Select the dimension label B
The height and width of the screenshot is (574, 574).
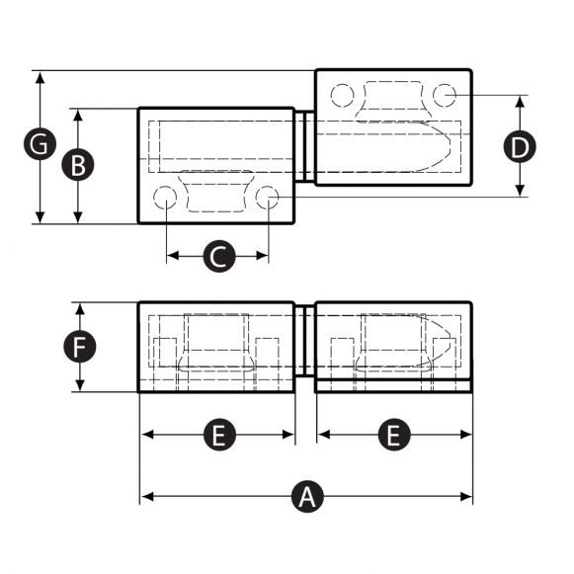click(x=78, y=165)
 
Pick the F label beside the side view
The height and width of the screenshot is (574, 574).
click(x=78, y=347)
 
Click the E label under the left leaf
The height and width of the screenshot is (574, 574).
click(x=218, y=435)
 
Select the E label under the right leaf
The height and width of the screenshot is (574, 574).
click(x=393, y=435)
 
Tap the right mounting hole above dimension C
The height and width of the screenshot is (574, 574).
click(x=268, y=199)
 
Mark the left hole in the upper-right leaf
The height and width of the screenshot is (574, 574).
click(x=343, y=95)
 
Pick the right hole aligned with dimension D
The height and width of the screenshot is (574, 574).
click(x=444, y=95)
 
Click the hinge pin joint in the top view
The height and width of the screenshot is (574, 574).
click(x=305, y=147)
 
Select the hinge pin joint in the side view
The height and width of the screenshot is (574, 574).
click(x=305, y=346)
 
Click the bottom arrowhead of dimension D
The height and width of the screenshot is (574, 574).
click(x=520, y=192)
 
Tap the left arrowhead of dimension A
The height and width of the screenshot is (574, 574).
click(x=144, y=495)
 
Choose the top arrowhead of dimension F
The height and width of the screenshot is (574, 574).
click(x=78, y=307)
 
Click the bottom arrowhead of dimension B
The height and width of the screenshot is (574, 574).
click(x=78, y=218)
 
